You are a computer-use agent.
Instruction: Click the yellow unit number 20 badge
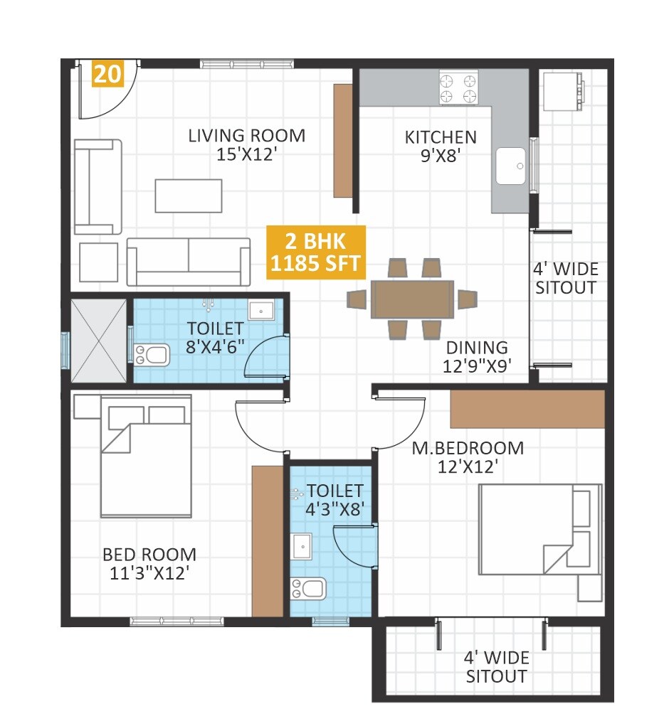pyautogui.click(x=107, y=74)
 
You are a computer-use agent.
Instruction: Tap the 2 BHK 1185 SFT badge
pyautogui.click(x=316, y=252)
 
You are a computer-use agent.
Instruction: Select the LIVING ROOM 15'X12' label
pyautogui.click(x=246, y=144)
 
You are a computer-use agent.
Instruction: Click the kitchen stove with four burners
pyautogui.click(x=458, y=88)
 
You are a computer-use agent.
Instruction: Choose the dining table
pyautogui.click(x=412, y=299)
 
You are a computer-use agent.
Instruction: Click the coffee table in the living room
pyautogui.click(x=189, y=196)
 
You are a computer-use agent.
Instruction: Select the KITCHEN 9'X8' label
pyautogui.click(x=441, y=146)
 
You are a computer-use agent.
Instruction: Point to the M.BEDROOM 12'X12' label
pyautogui.click(x=468, y=457)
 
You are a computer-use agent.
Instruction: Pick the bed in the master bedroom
pyautogui.click(x=539, y=529)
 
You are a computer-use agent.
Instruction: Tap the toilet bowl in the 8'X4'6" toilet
pyautogui.click(x=152, y=353)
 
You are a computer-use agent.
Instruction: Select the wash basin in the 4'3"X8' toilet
pyautogui.click(x=301, y=546)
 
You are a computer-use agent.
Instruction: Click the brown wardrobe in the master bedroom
pyautogui.click(x=527, y=409)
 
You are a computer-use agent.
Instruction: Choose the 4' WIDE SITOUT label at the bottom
pyautogui.click(x=497, y=667)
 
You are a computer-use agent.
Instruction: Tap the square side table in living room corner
pyautogui.click(x=98, y=262)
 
